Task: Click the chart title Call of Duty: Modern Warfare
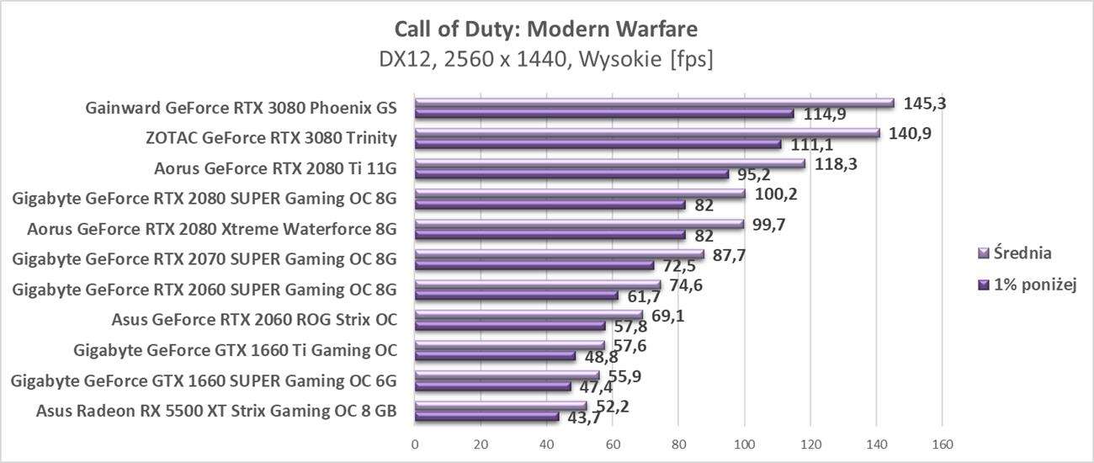point(546,29)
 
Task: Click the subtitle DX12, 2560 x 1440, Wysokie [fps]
point(546,61)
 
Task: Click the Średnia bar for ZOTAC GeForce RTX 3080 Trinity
point(646,133)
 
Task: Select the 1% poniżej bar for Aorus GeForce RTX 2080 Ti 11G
point(571,174)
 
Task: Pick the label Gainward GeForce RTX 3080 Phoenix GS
point(241,108)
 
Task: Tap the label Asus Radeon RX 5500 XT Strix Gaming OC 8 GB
point(216,411)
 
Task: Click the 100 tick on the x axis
point(744,444)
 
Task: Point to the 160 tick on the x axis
point(942,444)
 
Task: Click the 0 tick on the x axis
point(415,444)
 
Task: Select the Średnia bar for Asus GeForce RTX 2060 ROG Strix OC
point(528,315)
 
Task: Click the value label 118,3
point(832,164)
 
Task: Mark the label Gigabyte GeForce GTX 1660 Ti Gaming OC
point(235,350)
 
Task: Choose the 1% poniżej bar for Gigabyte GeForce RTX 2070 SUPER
point(534,265)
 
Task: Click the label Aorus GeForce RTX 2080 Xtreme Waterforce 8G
point(211,229)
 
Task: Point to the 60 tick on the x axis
point(613,444)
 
